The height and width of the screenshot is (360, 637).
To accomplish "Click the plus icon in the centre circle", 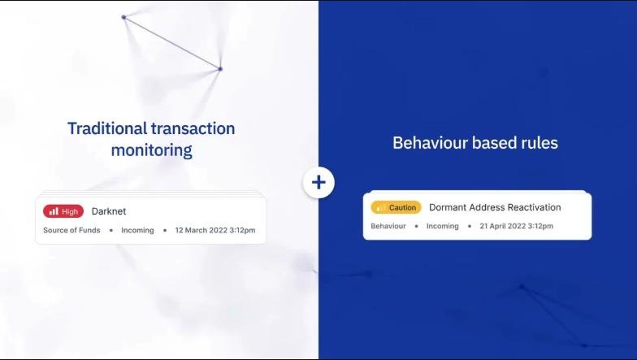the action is point(318,182).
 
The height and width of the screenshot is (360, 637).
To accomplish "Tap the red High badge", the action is point(63,211).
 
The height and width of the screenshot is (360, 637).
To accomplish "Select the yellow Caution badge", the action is point(396,208).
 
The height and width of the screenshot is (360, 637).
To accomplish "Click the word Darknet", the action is point(109,211).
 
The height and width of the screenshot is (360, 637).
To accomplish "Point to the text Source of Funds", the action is point(71,230).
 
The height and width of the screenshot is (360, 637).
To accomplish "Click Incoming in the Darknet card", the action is point(137,230).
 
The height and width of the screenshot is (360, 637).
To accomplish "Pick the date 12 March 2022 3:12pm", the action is point(215,230).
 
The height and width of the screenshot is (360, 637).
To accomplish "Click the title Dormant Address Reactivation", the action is point(495,207).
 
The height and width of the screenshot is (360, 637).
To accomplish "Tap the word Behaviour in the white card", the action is point(388,226).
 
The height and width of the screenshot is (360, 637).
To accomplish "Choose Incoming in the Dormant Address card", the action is point(442,226).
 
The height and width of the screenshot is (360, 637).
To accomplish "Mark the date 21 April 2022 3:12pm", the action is point(517,226).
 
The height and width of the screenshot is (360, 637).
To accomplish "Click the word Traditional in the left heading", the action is point(107,128).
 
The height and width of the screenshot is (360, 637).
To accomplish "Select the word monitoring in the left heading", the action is point(151,150).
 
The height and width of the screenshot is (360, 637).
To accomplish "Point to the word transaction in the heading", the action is point(193,128).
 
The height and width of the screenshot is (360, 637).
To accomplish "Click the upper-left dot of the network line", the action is point(123,17).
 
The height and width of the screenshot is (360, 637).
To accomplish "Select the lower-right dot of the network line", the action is point(220,69).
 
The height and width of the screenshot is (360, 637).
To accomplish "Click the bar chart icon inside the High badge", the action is point(54,211).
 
